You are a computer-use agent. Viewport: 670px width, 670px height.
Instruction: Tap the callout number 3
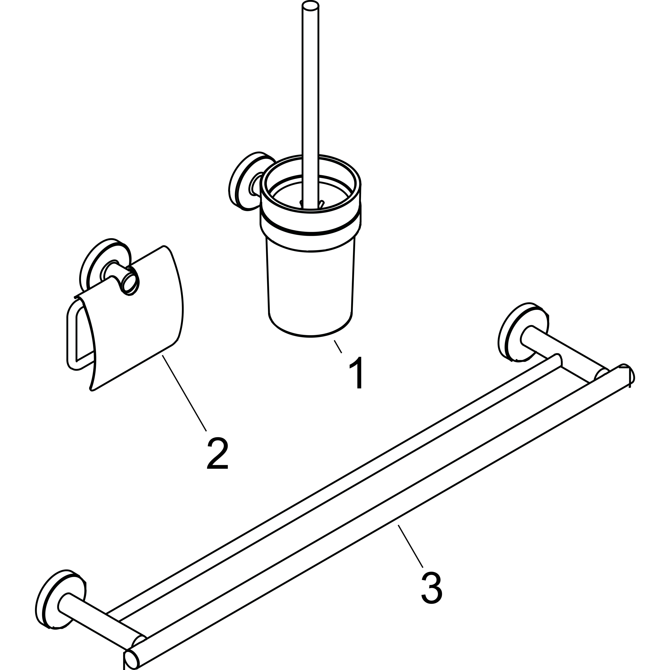tap(432, 589)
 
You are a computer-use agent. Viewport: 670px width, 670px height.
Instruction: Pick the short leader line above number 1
tap(338, 347)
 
